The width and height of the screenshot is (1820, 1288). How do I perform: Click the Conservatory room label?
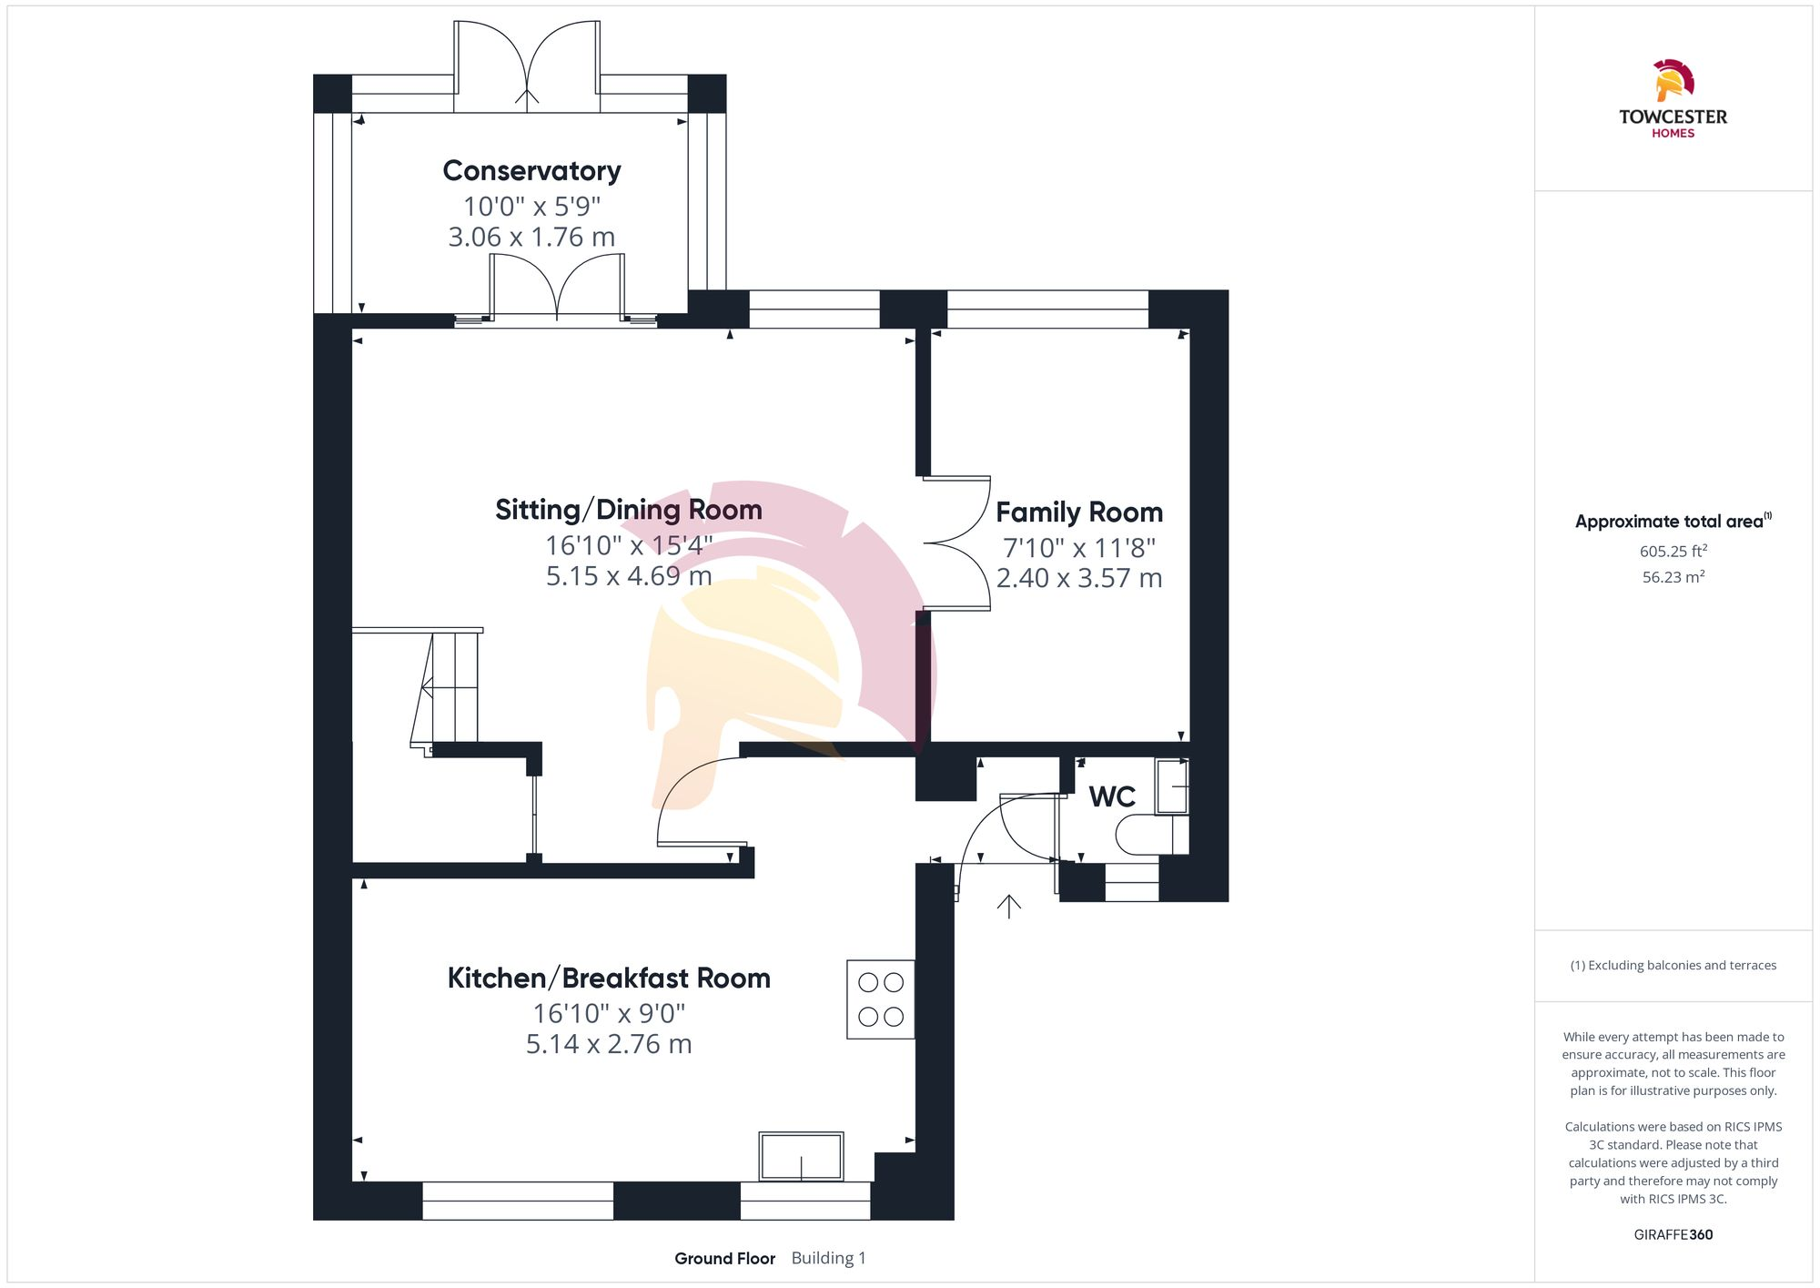531,170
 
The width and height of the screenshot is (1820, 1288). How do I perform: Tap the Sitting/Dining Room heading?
628,510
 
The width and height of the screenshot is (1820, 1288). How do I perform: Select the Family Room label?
1078,512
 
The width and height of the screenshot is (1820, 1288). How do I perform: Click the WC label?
1111,797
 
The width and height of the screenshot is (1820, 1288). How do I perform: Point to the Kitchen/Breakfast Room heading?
609,979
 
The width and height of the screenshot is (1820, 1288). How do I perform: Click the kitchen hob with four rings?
880,999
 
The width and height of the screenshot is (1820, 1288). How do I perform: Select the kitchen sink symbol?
801,1156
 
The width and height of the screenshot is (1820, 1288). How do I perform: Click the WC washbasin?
1171,786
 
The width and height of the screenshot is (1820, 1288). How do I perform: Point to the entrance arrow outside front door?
1008,907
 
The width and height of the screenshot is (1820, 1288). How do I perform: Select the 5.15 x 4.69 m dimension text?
628,576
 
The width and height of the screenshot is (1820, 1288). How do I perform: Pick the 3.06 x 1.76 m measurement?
531,238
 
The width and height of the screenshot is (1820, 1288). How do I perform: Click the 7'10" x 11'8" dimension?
1078,548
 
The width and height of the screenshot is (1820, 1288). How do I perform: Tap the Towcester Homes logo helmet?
1673,80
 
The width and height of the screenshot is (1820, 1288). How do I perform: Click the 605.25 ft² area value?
1673,552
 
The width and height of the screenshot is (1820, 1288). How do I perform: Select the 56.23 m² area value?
1673,577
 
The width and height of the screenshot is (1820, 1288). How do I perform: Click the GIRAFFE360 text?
1673,1235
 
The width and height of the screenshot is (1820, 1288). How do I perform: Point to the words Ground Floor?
724,1259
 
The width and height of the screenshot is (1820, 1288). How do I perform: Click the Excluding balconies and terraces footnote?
1673,966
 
